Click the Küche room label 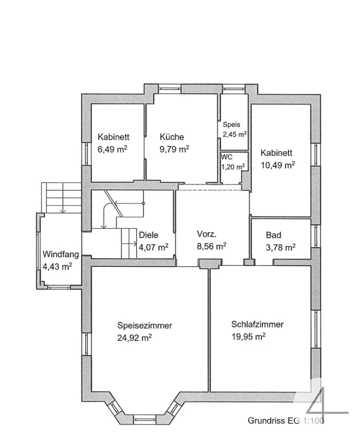(172, 137)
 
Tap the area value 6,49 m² (112, 149)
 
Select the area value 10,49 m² (278, 165)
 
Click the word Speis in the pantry (231, 125)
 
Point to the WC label (227, 157)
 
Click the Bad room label (273, 235)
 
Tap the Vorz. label (207, 234)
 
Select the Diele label (149, 235)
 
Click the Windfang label (61, 254)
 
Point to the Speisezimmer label (145, 325)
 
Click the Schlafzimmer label (258, 324)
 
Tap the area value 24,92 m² (135, 338)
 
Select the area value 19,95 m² (249, 336)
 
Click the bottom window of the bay (144, 419)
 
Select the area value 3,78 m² (280, 247)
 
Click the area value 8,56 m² (211, 246)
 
